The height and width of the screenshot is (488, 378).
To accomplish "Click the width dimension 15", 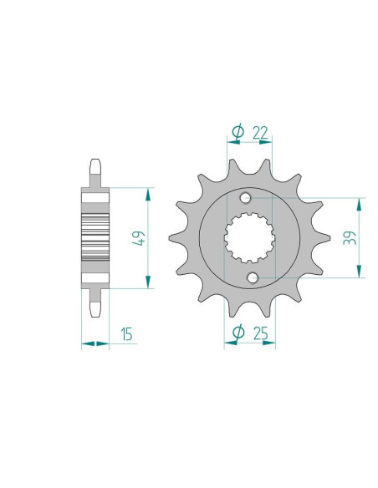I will coord(126,335).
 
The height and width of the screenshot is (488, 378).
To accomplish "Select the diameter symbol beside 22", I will coord(236,133).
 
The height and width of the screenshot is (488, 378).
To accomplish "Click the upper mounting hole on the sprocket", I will coord(245,199).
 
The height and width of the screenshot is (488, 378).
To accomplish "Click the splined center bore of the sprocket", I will coord(250,238).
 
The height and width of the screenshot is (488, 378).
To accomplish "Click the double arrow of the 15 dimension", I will coord(95,343).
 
